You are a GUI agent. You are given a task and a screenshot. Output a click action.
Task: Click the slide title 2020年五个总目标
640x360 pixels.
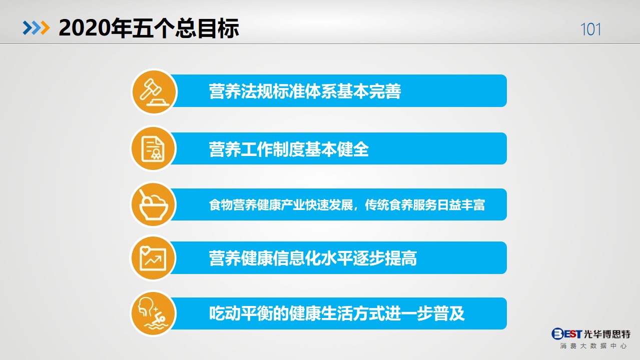click(x=149, y=28)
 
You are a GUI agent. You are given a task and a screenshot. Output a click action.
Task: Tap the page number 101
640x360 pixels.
click(x=590, y=29)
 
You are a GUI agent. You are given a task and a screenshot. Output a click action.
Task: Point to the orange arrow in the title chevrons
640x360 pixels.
click(x=45, y=28)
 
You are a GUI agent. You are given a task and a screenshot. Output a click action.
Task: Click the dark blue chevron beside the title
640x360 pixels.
click(x=28, y=28)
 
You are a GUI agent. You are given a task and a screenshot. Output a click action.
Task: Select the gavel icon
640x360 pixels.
click(x=154, y=92)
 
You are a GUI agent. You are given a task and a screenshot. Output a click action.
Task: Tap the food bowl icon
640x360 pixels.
click(x=154, y=205)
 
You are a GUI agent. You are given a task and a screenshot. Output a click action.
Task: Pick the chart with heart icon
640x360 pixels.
click(x=153, y=258)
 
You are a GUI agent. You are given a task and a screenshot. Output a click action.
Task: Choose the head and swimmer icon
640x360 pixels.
click(x=153, y=313)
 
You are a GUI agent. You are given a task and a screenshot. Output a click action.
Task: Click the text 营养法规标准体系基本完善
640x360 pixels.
click(x=305, y=91)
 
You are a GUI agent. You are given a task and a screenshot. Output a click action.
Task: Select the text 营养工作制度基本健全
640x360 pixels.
click(x=289, y=149)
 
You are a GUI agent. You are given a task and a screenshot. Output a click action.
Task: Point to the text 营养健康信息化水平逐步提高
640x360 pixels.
click(x=313, y=258)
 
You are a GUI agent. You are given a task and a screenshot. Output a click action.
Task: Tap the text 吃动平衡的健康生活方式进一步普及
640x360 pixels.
click(x=337, y=313)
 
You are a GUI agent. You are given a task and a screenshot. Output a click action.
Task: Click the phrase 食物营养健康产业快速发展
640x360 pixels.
click(x=281, y=205)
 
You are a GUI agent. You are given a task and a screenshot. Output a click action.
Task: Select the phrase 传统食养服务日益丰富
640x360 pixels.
click(x=425, y=205)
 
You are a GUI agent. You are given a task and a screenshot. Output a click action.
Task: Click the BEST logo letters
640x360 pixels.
click(x=566, y=333)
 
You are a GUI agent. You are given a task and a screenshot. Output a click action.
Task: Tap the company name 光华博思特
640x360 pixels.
click(x=607, y=334)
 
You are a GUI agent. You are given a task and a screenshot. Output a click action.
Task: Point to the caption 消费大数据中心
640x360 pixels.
click(x=593, y=346)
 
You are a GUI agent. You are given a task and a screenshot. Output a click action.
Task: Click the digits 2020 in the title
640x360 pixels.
click(x=85, y=28)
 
